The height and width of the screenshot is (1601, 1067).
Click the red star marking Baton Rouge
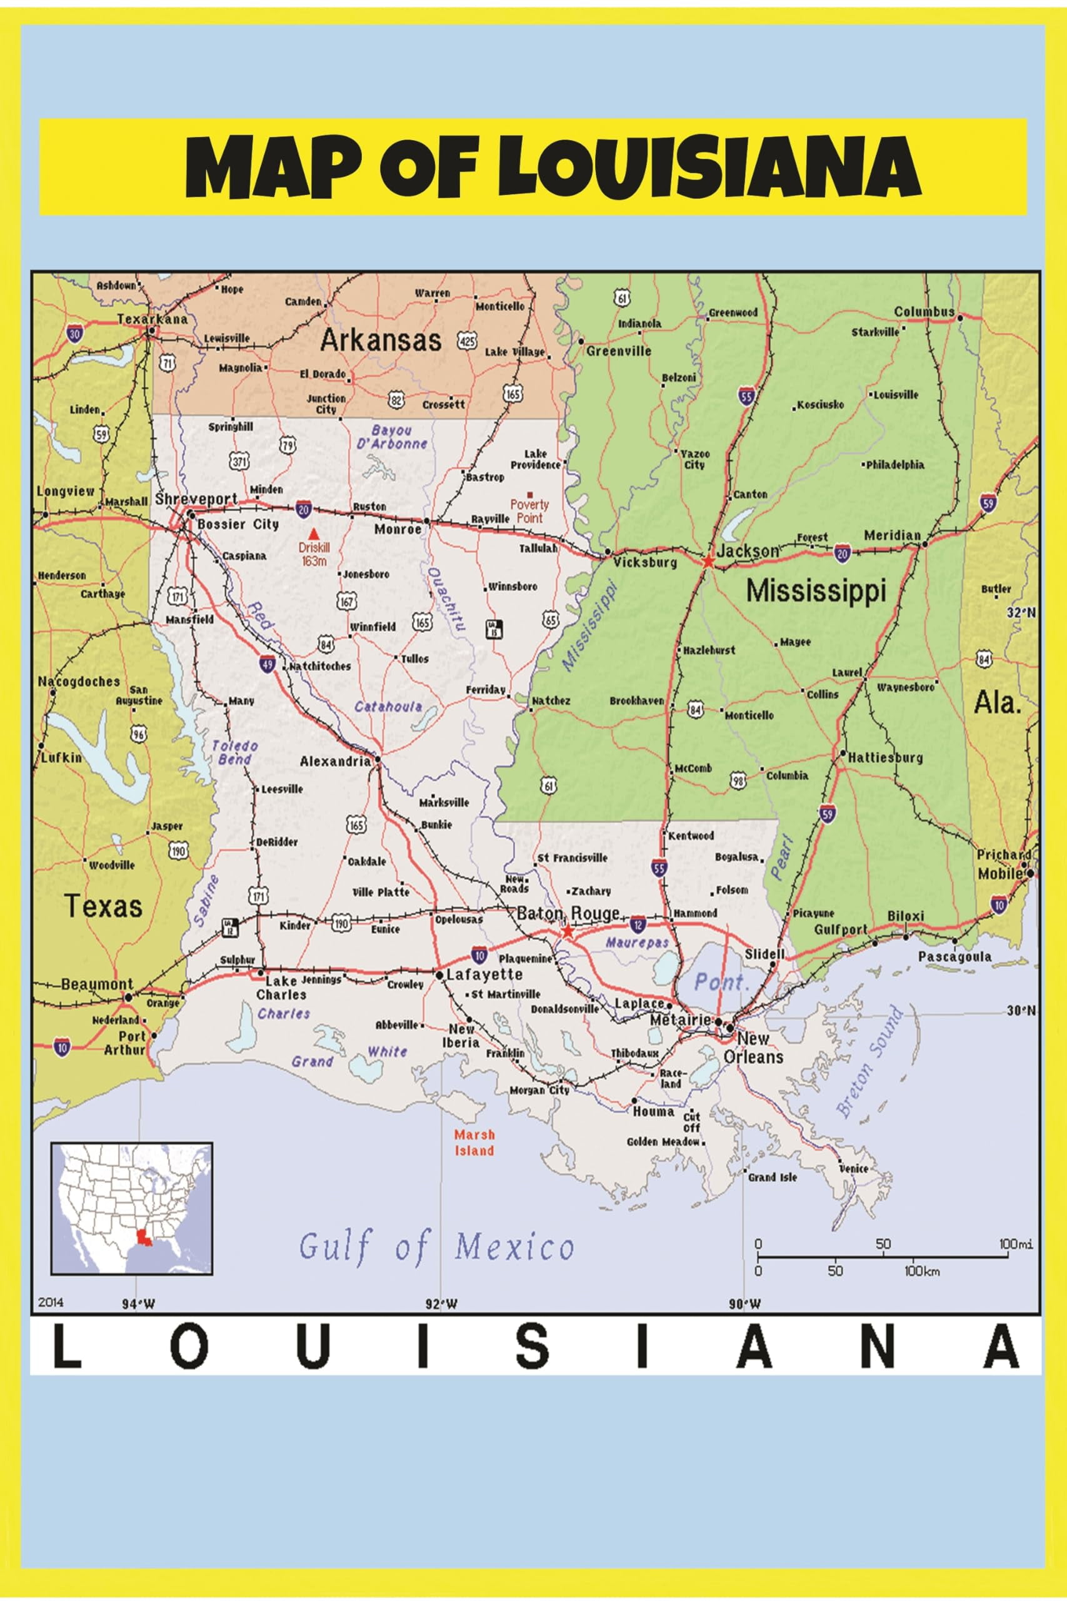pos(567,931)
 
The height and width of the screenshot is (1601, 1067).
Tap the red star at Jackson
pos(708,562)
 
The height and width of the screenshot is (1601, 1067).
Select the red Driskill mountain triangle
pos(314,533)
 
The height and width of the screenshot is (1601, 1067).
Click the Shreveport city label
pos(197,499)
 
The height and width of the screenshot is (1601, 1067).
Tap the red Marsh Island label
pos(474,1143)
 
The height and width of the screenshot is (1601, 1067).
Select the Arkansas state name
pos(381,340)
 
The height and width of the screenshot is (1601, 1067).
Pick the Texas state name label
pos(103,906)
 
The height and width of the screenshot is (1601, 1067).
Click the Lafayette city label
pos(484,975)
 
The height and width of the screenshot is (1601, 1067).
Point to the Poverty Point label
pos(529,510)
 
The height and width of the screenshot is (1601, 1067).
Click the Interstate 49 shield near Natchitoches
pos(268,664)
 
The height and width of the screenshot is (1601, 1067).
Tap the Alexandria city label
pos(336,761)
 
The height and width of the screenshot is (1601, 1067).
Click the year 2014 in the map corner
pos(51,1302)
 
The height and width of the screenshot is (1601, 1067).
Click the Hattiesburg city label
pos(884,757)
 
